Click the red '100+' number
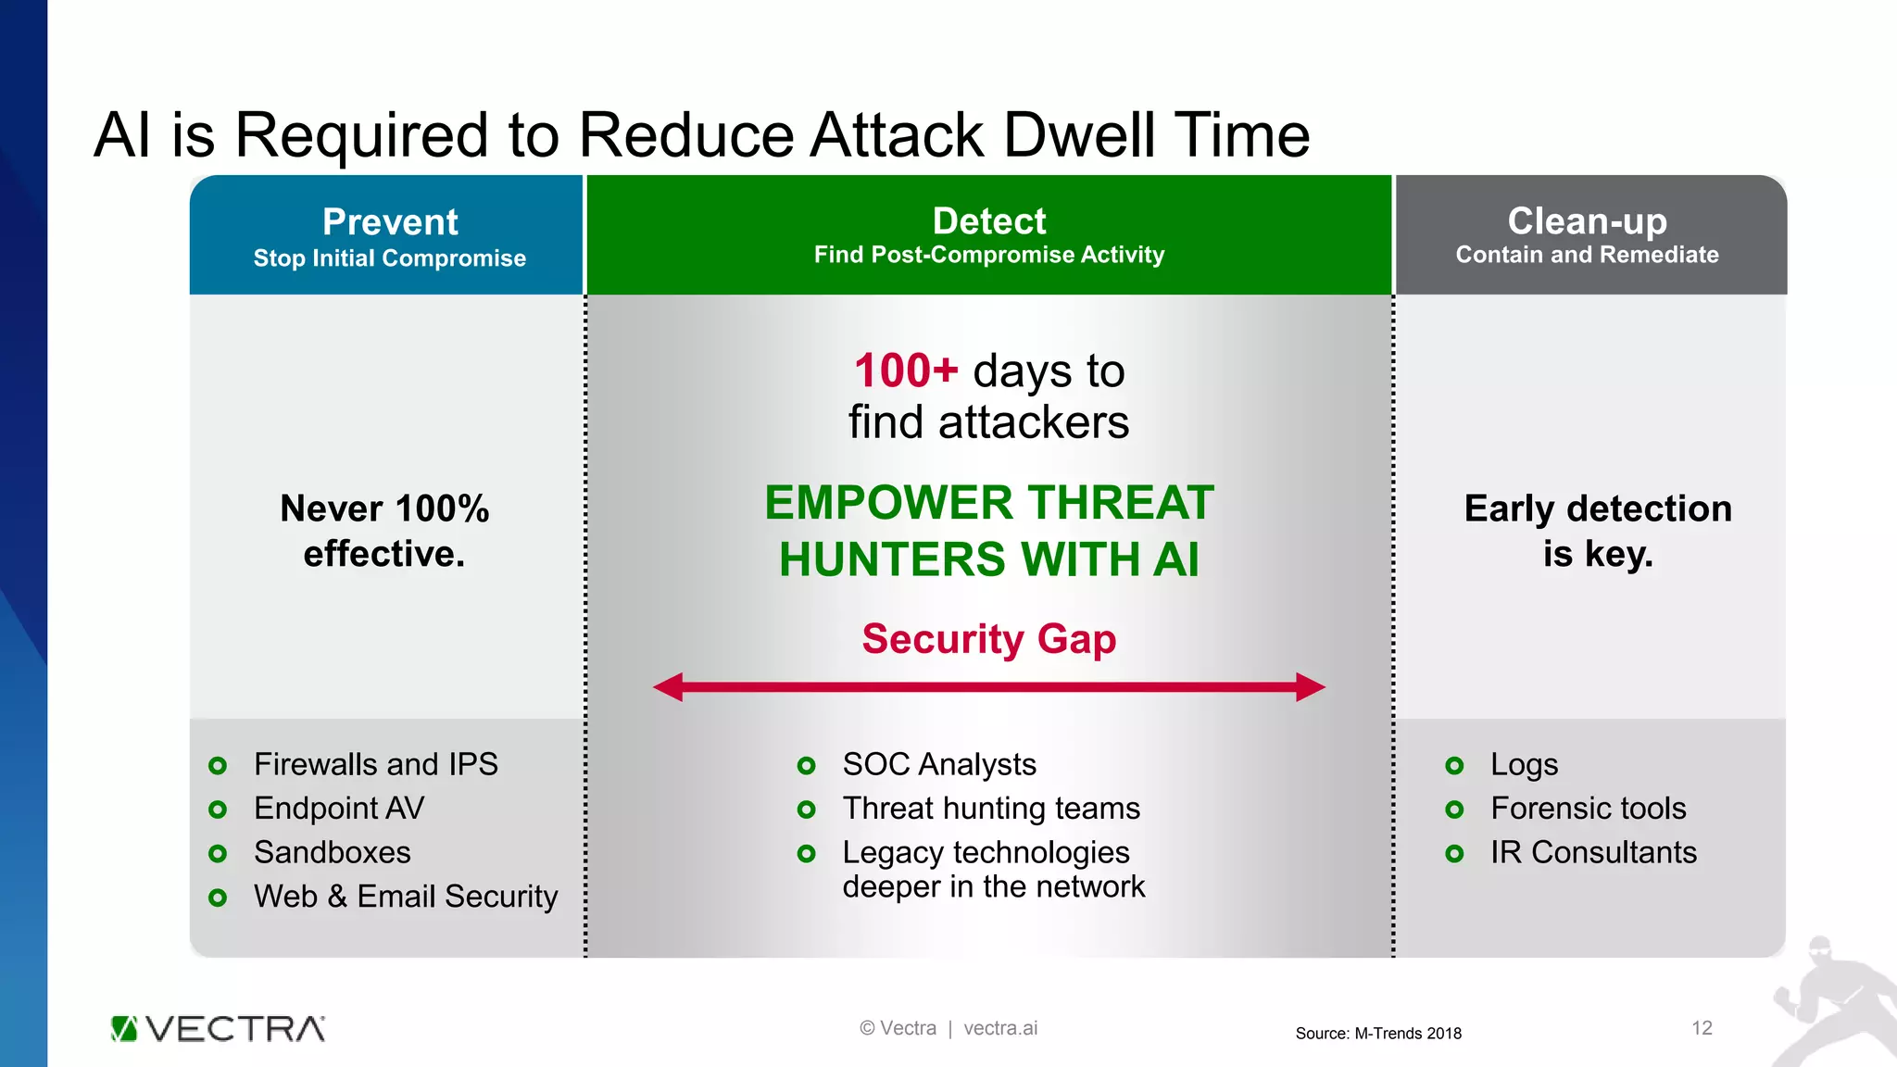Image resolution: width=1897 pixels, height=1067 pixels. click(x=905, y=371)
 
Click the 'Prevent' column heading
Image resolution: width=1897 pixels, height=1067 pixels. click(x=390, y=222)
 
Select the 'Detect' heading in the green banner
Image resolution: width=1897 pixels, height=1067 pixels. click(x=988, y=221)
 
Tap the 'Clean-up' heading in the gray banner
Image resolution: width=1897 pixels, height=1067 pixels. click(x=1587, y=221)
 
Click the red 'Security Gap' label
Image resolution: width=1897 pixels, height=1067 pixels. click(x=988, y=639)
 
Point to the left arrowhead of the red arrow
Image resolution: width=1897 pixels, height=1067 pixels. click(x=668, y=687)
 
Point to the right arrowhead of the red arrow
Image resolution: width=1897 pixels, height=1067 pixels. click(x=1311, y=687)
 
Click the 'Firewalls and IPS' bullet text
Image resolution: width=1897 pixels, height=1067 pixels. click(x=375, y=764)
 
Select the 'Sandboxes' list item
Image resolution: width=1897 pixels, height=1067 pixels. click(x=332, y=852)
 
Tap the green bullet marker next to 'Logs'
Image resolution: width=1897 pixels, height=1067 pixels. click(x=1454, y=765)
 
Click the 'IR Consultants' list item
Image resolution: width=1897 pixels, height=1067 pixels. click(x=1593, y=852)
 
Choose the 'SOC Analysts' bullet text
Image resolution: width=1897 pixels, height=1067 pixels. click(x=938, y=764)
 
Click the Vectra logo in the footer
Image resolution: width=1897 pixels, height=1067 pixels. click(x=218, y=1029)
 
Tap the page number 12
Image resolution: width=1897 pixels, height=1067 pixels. click(x=1702, y=1028)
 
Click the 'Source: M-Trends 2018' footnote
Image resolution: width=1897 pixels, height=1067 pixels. click(x=1377, y=1034)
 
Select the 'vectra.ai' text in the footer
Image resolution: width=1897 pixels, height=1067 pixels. click(x=1000, y=1028)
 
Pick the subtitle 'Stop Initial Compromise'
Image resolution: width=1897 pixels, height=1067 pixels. click(x=390, y=258)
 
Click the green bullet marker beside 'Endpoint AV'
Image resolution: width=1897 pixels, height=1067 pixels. click(x=218, y=810)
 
